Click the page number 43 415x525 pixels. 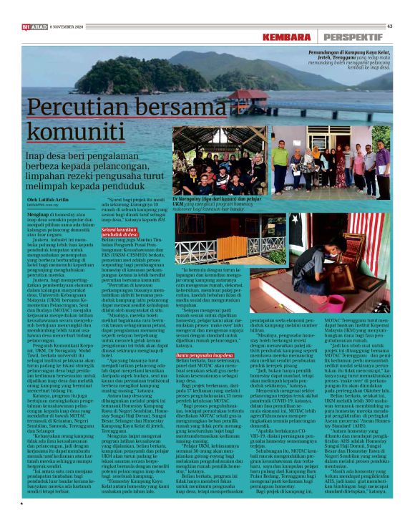click(x=390, y=27)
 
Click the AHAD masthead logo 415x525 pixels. click(x=35, y=27)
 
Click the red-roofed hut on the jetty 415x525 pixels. click(x=247, y=93)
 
